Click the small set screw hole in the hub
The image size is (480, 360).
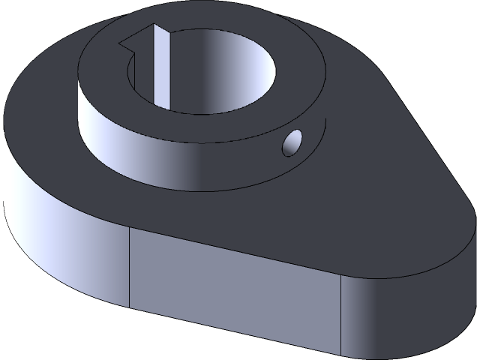(x=292, y=142)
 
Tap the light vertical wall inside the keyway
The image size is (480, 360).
(x=160, y=64)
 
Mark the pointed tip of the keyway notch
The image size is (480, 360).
(x=124, y=40)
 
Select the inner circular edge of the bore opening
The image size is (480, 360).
(x=202, y=113)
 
